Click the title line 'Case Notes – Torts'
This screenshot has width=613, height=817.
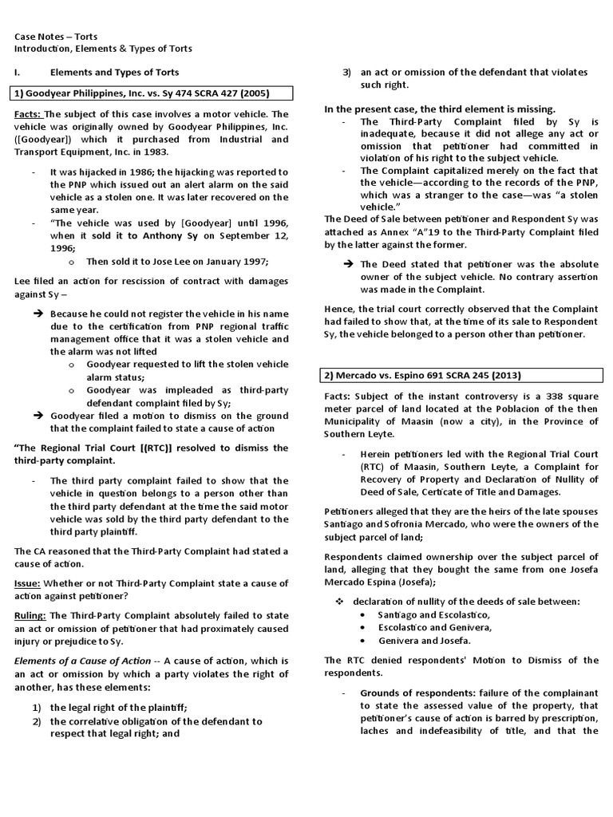[x=57, y=36]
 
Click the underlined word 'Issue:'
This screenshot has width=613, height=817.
[x=30, y=584]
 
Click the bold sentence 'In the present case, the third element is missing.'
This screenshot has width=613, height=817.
[x=440, y=109]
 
